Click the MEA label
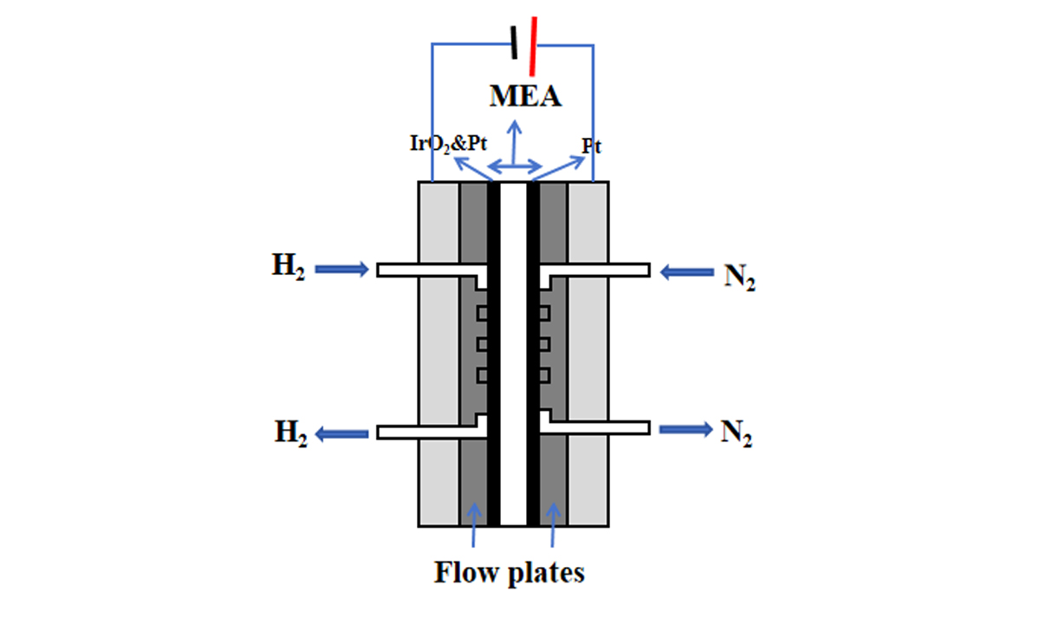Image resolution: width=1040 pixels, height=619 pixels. (525, 94)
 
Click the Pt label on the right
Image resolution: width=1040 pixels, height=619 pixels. (591, 147)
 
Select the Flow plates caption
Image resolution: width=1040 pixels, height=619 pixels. (510, 572)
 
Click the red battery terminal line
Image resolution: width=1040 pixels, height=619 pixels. (531, 40)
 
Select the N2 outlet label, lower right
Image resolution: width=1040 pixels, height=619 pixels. (736, 433)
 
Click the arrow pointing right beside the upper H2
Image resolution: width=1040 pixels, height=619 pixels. (341, 270)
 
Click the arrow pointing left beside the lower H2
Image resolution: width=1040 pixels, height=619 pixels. (340, 433)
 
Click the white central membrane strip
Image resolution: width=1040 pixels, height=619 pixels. (514, 347)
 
